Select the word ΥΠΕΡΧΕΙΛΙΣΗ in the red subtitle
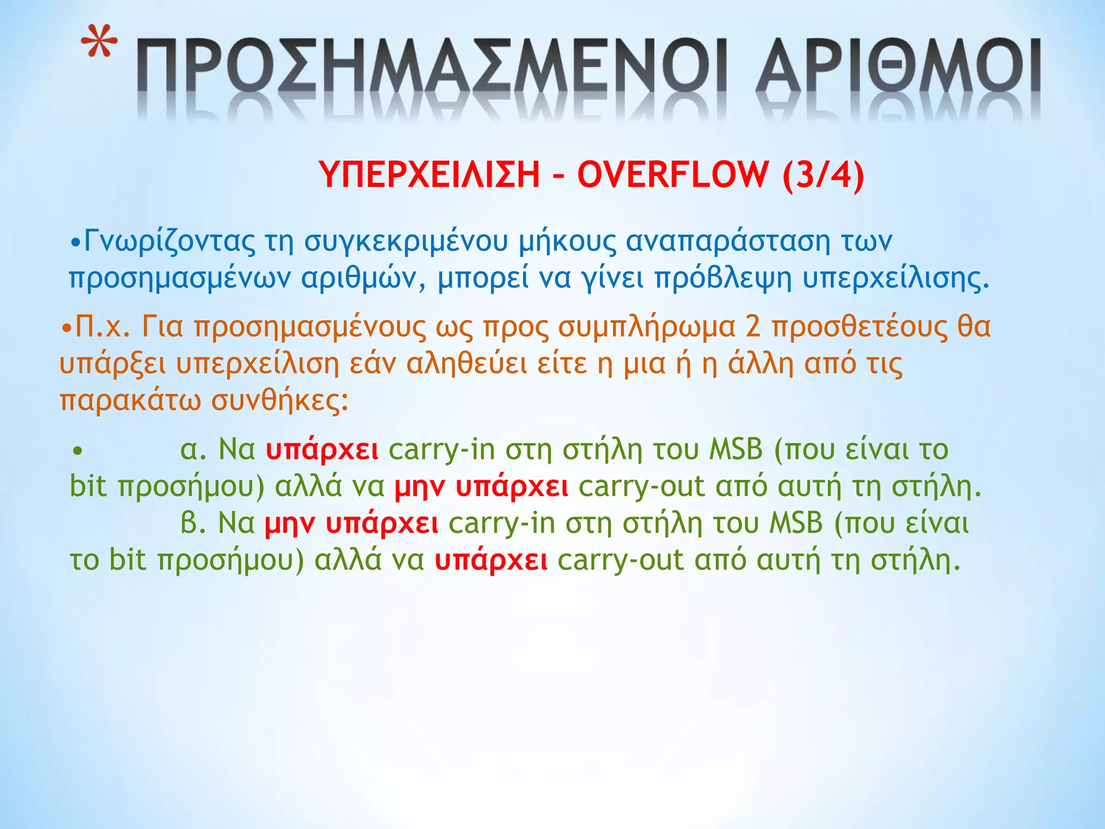coord(429,174)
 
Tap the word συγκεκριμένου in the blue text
coord(406,241)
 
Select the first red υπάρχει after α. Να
coord(322,450)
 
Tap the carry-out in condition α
coord(642,487)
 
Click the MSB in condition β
coord(796,523)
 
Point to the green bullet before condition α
coord(78,450)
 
